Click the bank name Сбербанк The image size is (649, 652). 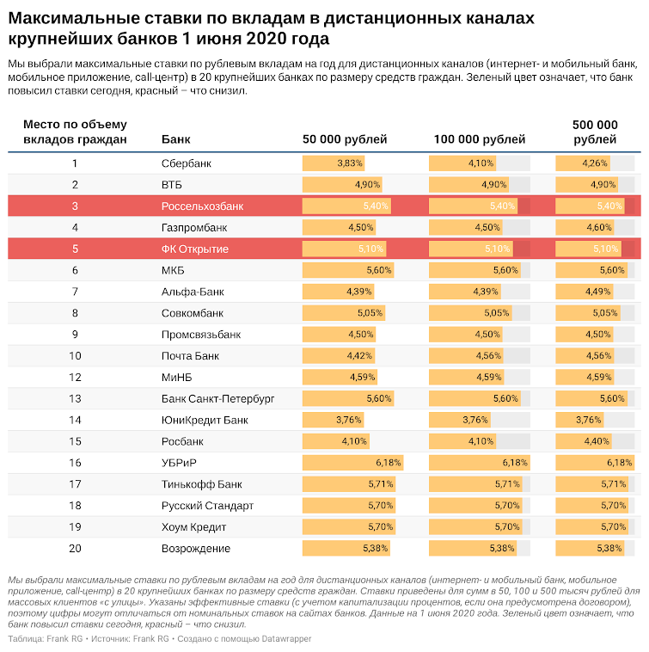[187, 163]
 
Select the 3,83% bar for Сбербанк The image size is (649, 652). [334, 163]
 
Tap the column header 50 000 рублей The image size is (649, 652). [345, 138]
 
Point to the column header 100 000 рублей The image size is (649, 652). [480, 138]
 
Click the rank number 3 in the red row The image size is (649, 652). [75, 206]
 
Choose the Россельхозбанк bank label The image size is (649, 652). [202, 206]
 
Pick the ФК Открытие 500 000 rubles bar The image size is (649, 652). [588, 249]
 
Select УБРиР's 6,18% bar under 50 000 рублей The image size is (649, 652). [352, 463]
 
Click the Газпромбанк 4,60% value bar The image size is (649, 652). [585, 227]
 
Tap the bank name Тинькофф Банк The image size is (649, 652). [201, 484]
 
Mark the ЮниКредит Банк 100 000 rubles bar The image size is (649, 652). [460, 420]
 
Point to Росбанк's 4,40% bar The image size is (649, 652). [584, 441]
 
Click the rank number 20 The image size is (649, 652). [75, 549]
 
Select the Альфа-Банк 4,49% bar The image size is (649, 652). [585, 292]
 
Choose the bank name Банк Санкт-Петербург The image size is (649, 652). [217, 399]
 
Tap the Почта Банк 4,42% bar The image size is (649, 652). [339, 356]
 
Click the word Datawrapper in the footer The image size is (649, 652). [286, 639]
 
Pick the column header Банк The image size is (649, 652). [175, 138]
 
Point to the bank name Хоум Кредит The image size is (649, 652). [193, 527]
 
